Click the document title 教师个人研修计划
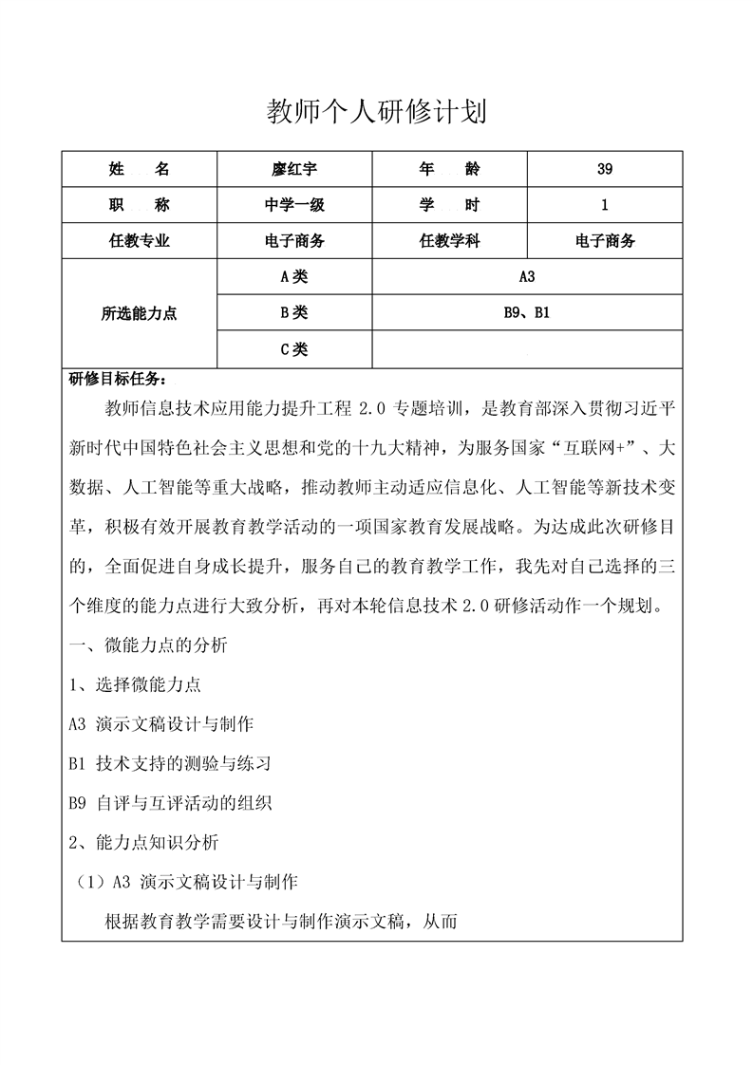376,113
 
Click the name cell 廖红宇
294,170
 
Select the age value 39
605,170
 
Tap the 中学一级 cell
294,205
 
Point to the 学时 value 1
605,205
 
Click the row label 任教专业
140,241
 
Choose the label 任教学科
449,241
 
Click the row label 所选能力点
140,313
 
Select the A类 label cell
294,277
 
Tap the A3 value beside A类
528,277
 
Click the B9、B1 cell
528,312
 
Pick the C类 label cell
294,348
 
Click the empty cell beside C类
528,348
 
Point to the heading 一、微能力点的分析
149,646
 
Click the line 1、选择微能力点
136,684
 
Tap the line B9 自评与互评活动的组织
171,803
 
